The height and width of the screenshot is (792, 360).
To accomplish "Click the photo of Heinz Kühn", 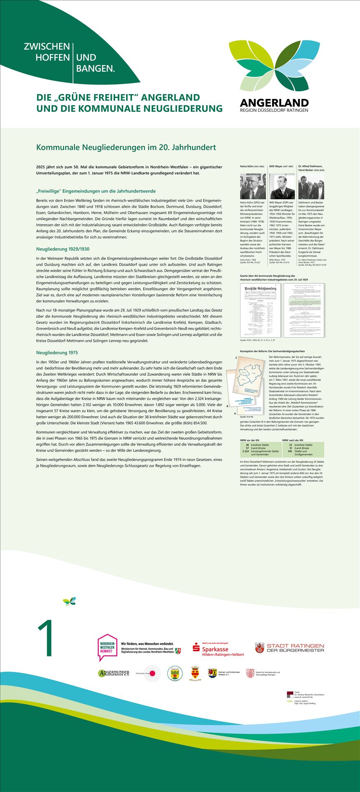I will (253, 186).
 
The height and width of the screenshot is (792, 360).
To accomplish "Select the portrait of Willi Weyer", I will (282, 186).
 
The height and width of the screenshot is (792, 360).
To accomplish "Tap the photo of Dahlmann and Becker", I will (311, 186).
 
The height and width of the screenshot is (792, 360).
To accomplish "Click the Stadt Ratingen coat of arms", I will (259, 648).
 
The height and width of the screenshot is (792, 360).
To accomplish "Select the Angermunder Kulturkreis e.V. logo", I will (113, 673).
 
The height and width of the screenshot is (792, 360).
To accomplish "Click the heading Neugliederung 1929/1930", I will (63, 249).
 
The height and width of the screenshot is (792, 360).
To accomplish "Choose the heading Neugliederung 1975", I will (57, 353).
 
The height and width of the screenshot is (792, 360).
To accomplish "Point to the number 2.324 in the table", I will (245, 451).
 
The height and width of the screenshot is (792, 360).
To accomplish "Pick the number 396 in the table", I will (290, 451).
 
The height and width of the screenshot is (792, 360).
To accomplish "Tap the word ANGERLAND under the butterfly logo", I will (274, 102).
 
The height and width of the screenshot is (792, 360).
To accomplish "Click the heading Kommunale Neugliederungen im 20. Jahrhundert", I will (126, 147).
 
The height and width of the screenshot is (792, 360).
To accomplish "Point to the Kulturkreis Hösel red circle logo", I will (152, 673).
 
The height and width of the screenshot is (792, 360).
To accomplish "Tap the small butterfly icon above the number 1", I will (69, 601).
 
